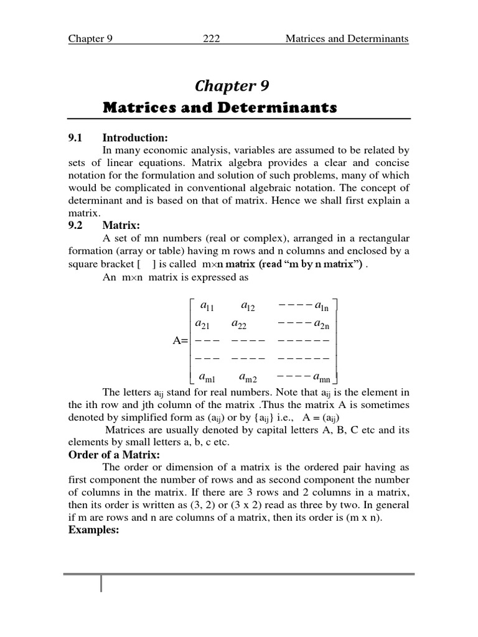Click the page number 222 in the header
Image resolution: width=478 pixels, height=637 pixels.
coord(212,39)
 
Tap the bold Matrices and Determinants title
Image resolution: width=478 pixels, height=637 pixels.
coord(220,108)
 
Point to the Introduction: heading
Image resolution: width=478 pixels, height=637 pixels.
coord(135,137)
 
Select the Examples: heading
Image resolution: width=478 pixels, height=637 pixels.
coord(93,532)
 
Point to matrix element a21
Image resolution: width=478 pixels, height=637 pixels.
coord(203,323)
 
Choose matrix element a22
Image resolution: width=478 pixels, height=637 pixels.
coord(240,323)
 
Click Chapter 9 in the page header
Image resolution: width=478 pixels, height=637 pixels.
coord(90,39)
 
